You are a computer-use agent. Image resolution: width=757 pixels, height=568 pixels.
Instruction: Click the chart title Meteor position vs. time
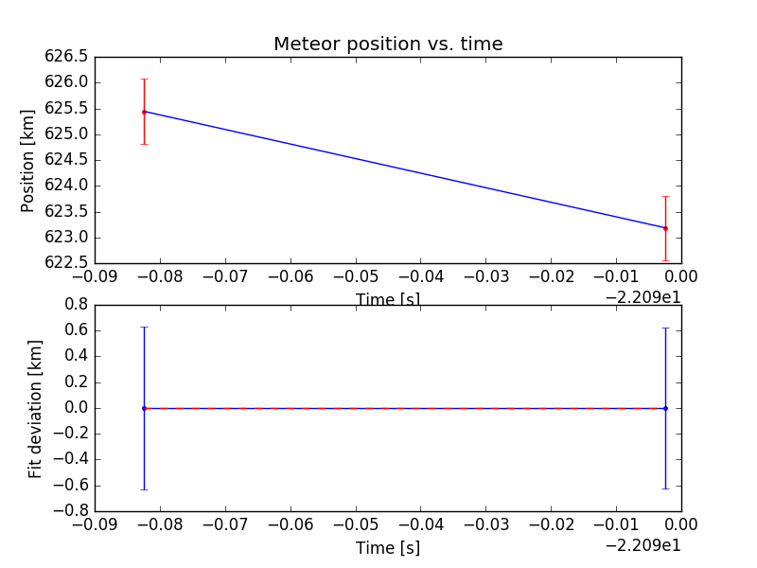(x=388, y=44)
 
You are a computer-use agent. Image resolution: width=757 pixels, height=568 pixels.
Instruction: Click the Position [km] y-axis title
(x=27, y=159)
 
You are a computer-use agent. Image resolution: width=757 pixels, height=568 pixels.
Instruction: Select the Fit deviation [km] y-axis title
(x=35, y=408)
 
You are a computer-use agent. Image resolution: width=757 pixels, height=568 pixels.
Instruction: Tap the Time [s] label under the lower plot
(x=388, y=548)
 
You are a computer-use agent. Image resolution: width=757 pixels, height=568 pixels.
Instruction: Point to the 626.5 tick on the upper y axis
(x=66, y=57)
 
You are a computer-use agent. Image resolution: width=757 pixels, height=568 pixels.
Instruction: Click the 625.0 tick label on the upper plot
(x=66, y=134)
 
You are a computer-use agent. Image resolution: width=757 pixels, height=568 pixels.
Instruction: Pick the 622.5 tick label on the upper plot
(x=66, y=263)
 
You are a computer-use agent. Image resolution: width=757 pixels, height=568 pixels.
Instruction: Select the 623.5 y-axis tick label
(x=66, y=212)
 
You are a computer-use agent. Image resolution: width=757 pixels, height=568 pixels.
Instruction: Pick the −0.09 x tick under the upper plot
(x=95, y=276)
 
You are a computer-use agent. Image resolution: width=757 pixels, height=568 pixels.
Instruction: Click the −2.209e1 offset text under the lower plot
(x=644, y=544)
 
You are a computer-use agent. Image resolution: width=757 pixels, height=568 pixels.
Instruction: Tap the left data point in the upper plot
(x=144, y=112)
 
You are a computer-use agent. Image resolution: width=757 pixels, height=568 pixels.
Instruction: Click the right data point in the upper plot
(x=665, y=228)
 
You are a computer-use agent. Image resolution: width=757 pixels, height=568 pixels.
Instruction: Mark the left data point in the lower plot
(x=144, y=408)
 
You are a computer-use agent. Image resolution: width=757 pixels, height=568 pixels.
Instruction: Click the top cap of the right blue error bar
(x=665, y=328)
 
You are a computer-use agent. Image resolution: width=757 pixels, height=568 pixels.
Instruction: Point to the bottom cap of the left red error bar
(x=144, y=144)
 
